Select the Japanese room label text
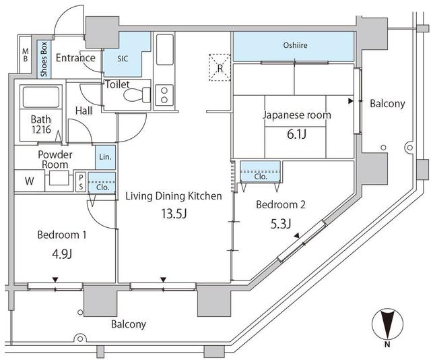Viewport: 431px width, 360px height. [297, 115]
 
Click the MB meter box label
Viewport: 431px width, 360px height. [25, 56]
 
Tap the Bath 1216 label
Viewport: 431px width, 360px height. [40, 125]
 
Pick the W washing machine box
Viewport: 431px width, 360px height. [29, 181]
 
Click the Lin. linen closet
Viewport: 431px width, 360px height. [104, 157]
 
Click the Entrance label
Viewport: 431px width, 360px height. [75, 58]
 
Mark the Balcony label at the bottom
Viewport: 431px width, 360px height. [127, 324]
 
